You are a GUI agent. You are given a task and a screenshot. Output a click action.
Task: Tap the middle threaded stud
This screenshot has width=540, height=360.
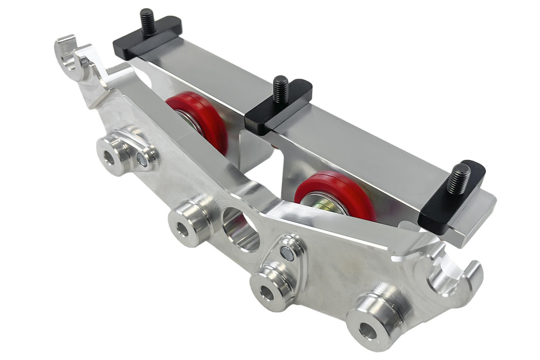tap(280, 89)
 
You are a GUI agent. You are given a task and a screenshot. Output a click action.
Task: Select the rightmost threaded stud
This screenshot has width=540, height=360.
tap(460, 178)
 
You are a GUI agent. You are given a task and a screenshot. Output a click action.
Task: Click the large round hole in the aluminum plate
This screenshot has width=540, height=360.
tap(241, 228)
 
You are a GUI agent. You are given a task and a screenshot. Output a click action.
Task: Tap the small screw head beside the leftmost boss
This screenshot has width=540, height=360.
tap(142, 160)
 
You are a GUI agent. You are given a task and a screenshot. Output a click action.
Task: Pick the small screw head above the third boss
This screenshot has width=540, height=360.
tap(287, 254)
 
